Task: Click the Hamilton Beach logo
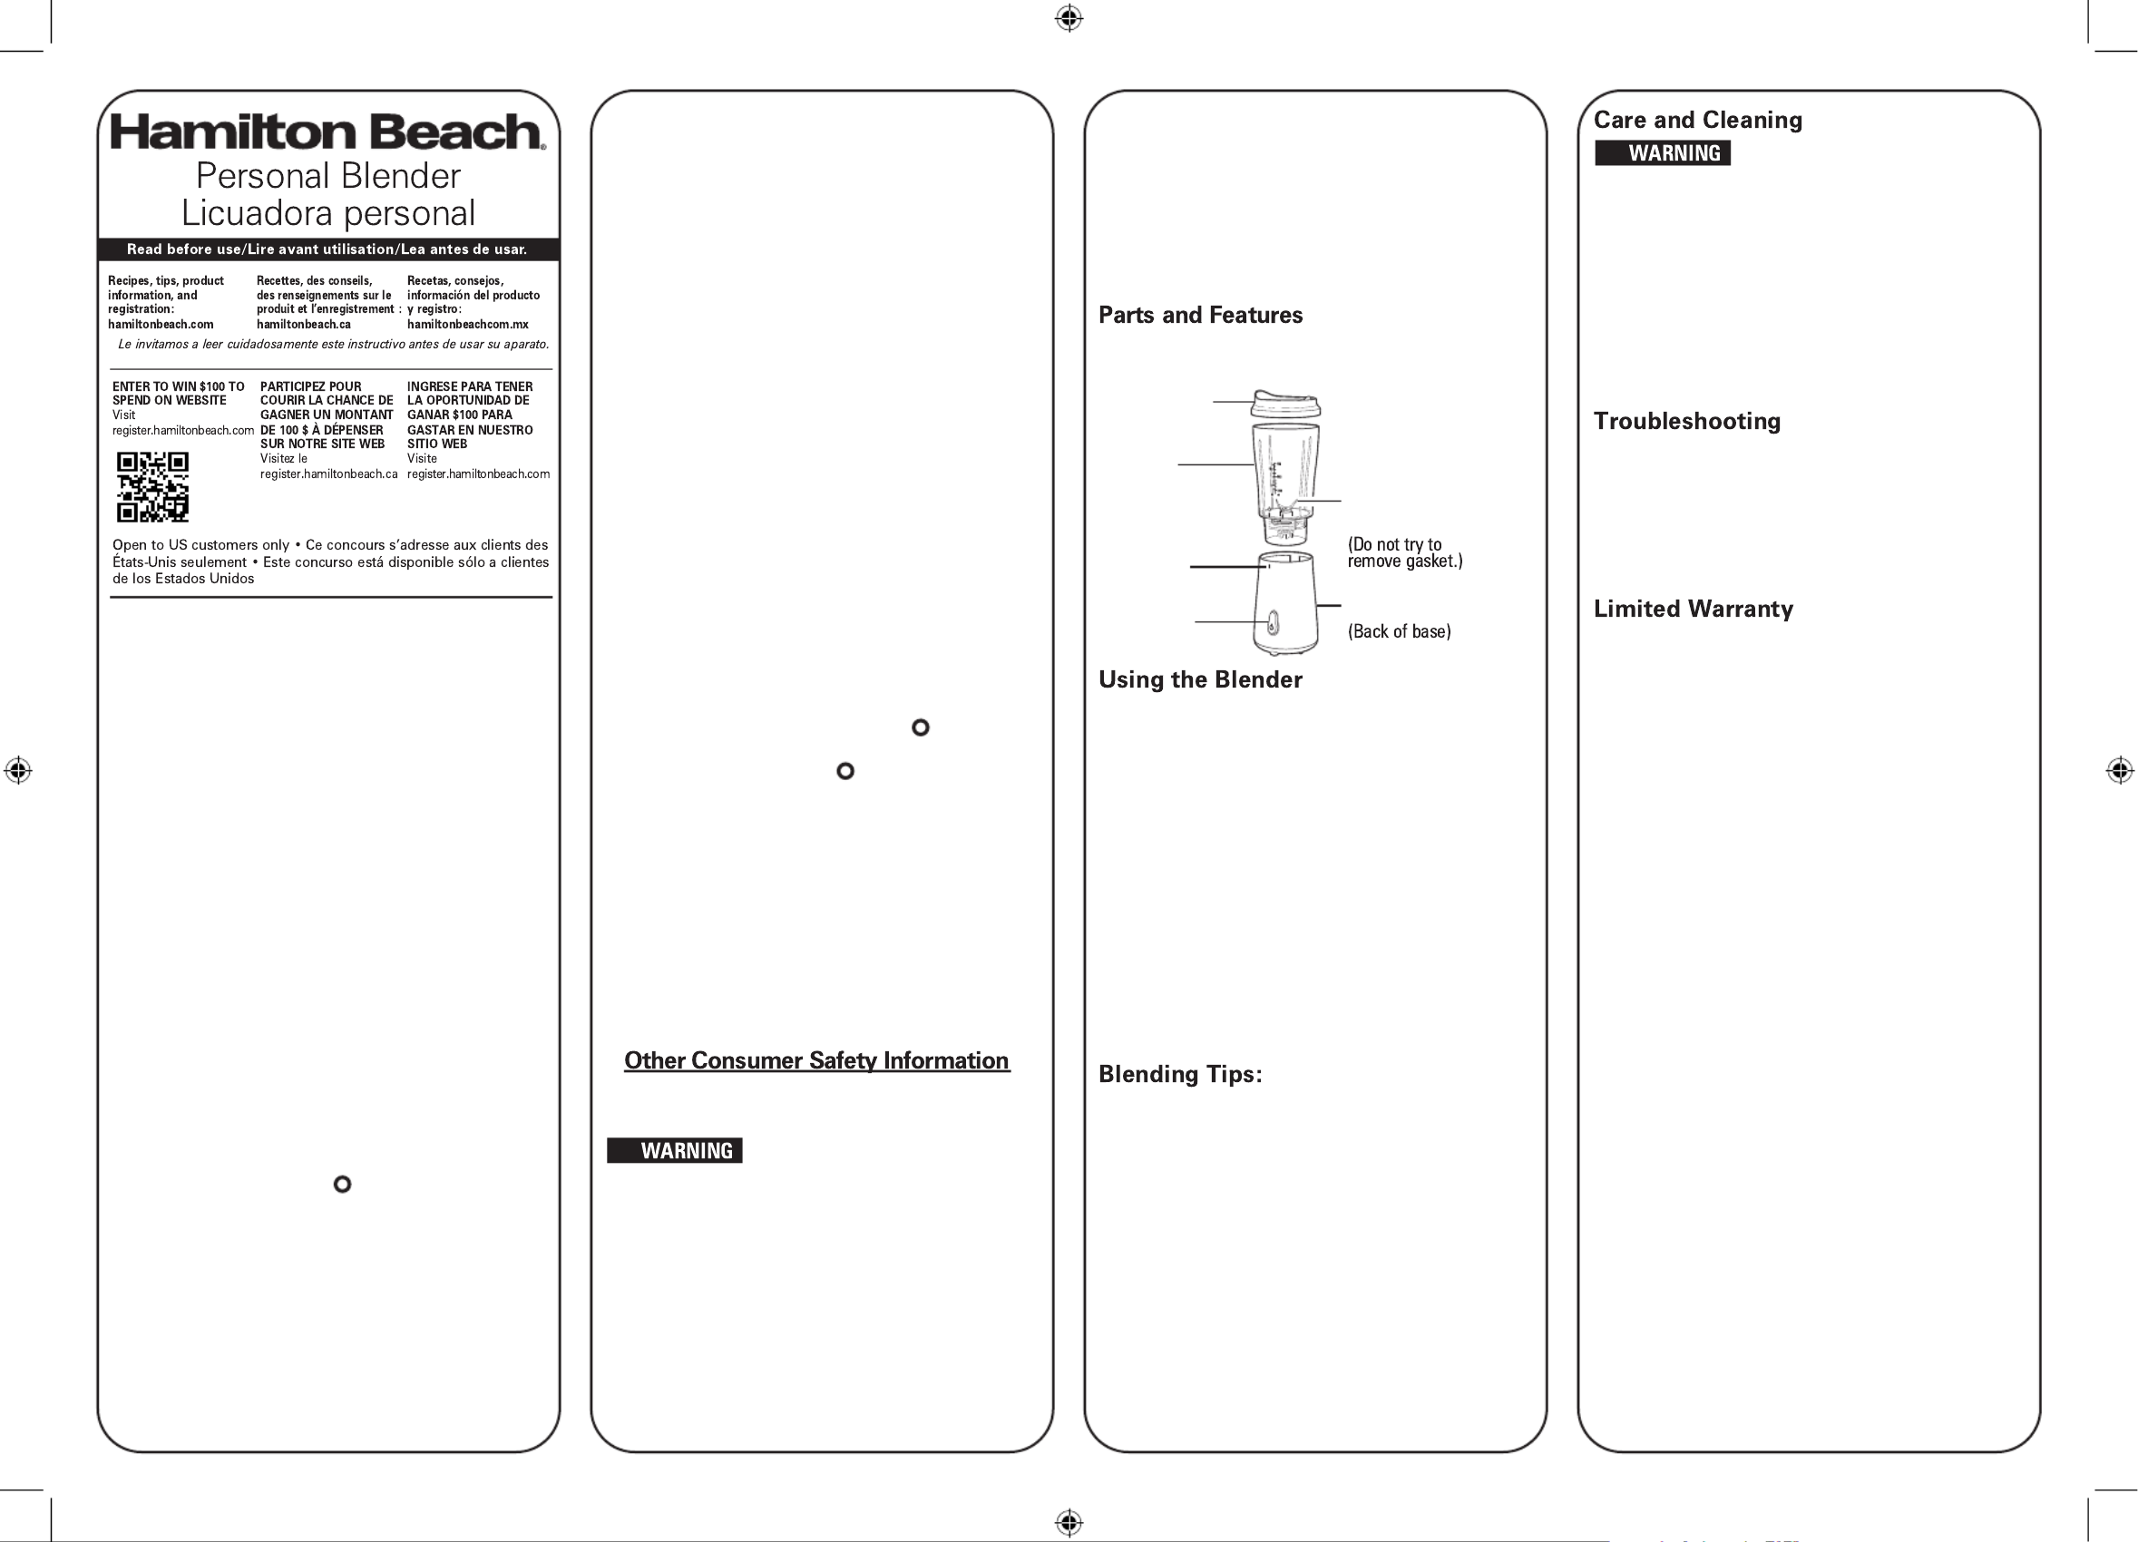tap(327, 132)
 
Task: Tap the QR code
tap(152, 487)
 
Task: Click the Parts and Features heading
tap(1200, 315)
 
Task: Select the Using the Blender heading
tap(1200, 679)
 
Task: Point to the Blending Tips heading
tap(1179, 1074)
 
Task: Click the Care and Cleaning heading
tap(1697, 120)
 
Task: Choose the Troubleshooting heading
tap(1686, 420)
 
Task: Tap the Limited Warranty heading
tap(1693, 609)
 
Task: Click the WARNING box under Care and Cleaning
tap(1662, 152)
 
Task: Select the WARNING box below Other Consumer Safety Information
tap(674, 1150)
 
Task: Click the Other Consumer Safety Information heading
tap(816, 1060)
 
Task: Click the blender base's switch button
tap(1273, 623)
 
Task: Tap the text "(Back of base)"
tap(1399, 631)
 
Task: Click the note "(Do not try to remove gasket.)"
tap(1403, 552)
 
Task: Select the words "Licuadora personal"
tap(328, 213)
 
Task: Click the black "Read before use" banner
tap(327, 249)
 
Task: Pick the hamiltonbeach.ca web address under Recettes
tap(304, 324)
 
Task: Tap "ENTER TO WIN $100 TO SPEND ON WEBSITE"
tap(178, 393)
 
